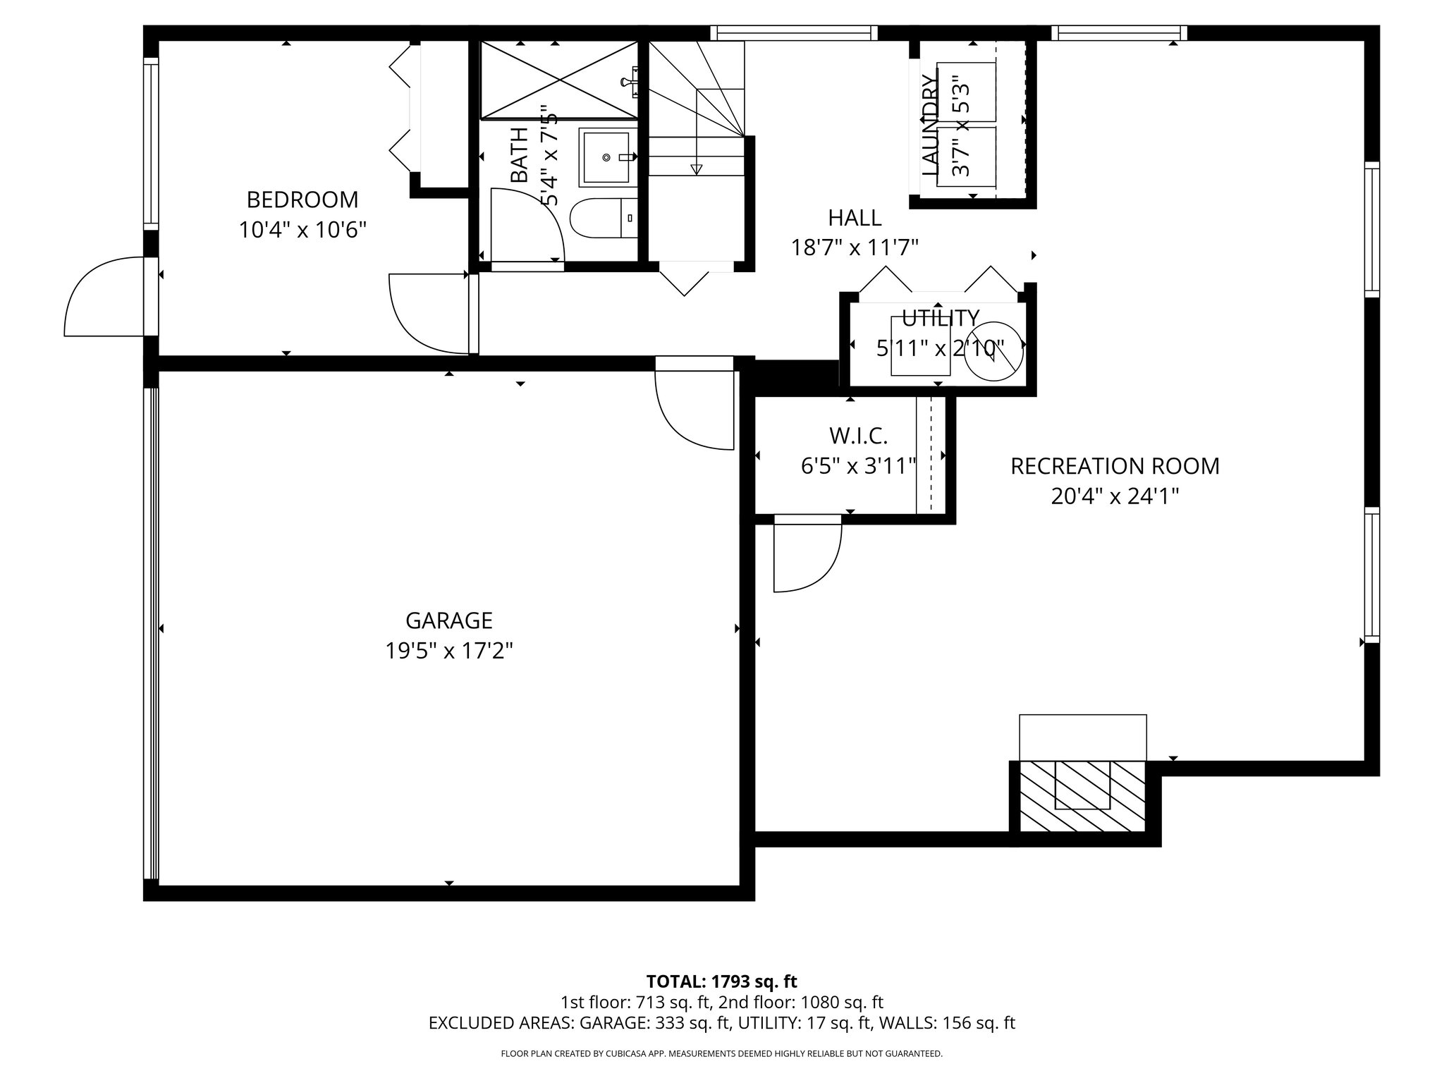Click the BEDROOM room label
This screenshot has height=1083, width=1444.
click(302, 200)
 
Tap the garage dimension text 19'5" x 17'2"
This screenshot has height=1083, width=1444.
click(448, 650)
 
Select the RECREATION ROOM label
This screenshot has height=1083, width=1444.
click(1115, 466)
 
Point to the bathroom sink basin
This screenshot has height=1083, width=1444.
click(606, 158)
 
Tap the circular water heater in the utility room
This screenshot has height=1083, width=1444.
click(993, 350)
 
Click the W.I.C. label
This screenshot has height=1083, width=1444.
click(857, 436)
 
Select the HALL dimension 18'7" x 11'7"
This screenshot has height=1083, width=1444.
click(855, 247)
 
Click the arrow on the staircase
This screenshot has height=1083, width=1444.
click(697, 168)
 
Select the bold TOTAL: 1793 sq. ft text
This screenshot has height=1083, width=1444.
click(721, 981)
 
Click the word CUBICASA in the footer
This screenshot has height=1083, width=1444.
click(626, 1054)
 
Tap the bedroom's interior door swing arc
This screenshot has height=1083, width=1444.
click(427, 314)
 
